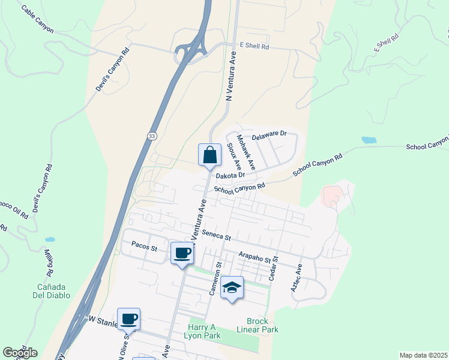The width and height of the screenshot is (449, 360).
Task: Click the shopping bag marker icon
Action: click(209, 155)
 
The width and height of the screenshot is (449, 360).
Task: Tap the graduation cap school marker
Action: click(232, 288)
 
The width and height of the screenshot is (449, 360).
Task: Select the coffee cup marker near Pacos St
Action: click(182, 253)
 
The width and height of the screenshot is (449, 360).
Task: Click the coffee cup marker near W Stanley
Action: click(128, 319)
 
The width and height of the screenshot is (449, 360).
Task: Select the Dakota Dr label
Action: click(231, 175)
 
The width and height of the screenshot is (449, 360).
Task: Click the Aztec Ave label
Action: click(296, 278)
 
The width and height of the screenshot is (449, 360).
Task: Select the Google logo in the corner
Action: click(20, 353)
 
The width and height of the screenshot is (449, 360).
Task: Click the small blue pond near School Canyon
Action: click(369, 140)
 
